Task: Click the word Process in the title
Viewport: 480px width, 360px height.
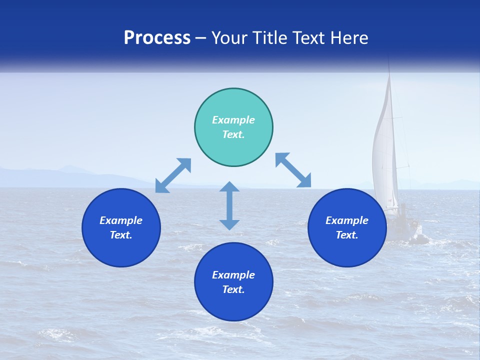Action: click(157, 37)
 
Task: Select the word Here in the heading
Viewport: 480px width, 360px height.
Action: click(349, 37)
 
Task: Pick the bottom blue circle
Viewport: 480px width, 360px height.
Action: click(233, 305)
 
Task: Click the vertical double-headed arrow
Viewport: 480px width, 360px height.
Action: click(229, 205)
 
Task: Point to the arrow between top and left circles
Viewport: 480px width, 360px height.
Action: click(173, 175)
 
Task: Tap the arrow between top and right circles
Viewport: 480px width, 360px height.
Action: click(293, 170)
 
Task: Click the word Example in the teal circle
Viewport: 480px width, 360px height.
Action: click(233, 120)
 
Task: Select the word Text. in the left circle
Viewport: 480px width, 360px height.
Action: click(121, 235)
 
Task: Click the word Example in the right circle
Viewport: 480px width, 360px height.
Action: click(347, 220)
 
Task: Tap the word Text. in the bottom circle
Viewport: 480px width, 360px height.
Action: click(233, 289)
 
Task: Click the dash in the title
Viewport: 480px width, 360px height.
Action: click(201, 38)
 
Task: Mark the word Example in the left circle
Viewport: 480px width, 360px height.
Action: click(121, 220)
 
